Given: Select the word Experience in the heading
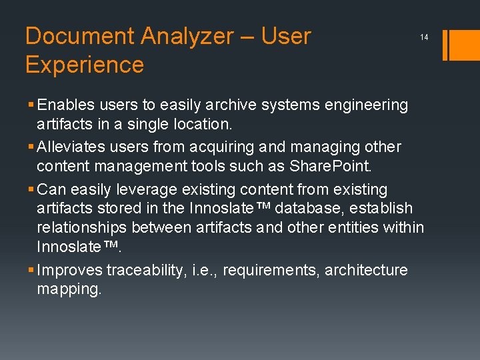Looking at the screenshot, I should (85, 65).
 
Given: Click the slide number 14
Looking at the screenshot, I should (424, 38).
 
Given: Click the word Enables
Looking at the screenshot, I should (65, 105).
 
